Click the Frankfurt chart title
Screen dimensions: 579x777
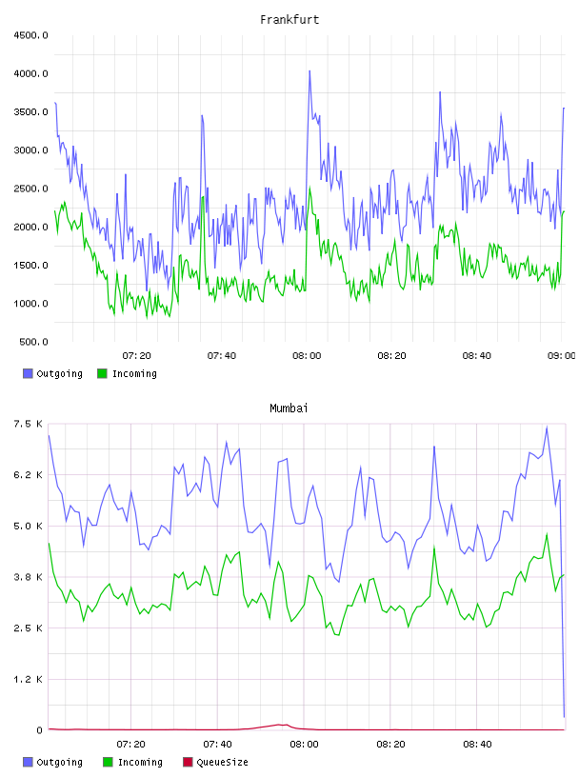pyautogui.click(x=289, y=20)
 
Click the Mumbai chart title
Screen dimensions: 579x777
pyautogui.click(x=289, y=408)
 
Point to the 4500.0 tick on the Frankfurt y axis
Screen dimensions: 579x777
pyautogui.click(x=30, y=35)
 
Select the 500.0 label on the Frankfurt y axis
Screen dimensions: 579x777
pyautogui.click(x=33, y=342)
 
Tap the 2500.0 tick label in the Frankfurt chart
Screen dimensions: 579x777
pyautogui.click(x=30, y=189)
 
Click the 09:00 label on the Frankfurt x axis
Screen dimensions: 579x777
pyautogui.click(x=561, y=356)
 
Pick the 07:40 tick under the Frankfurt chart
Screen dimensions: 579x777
pyautogui.click(x=222, y=356)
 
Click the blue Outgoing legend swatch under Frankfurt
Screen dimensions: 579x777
pyautogui.click(x=28, y=373)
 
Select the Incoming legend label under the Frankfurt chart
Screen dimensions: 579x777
pyautogui.click(x=134, y=373)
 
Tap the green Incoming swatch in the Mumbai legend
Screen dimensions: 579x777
pyautogui.click(x=108, y=762)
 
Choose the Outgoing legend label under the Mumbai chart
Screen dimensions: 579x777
pyautogui.click(x=59, y=762)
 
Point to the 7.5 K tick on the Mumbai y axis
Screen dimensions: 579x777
pyautogui.click(x=29, y=424)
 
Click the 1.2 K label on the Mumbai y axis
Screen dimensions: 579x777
pyautogui.click(x=29, y=679)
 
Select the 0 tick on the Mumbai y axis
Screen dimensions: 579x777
pyautogui.click(x=39, y=730)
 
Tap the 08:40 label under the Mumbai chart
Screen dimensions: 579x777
pyautogui.click(x=477, y=745)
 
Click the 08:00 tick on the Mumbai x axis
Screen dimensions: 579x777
pyautogui.click(x=304, y=745)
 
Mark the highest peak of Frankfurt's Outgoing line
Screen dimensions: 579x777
pyautogui.click(x=309, y=70)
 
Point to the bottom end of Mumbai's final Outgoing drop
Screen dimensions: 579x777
pyautogui.click(x=564, y=717)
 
